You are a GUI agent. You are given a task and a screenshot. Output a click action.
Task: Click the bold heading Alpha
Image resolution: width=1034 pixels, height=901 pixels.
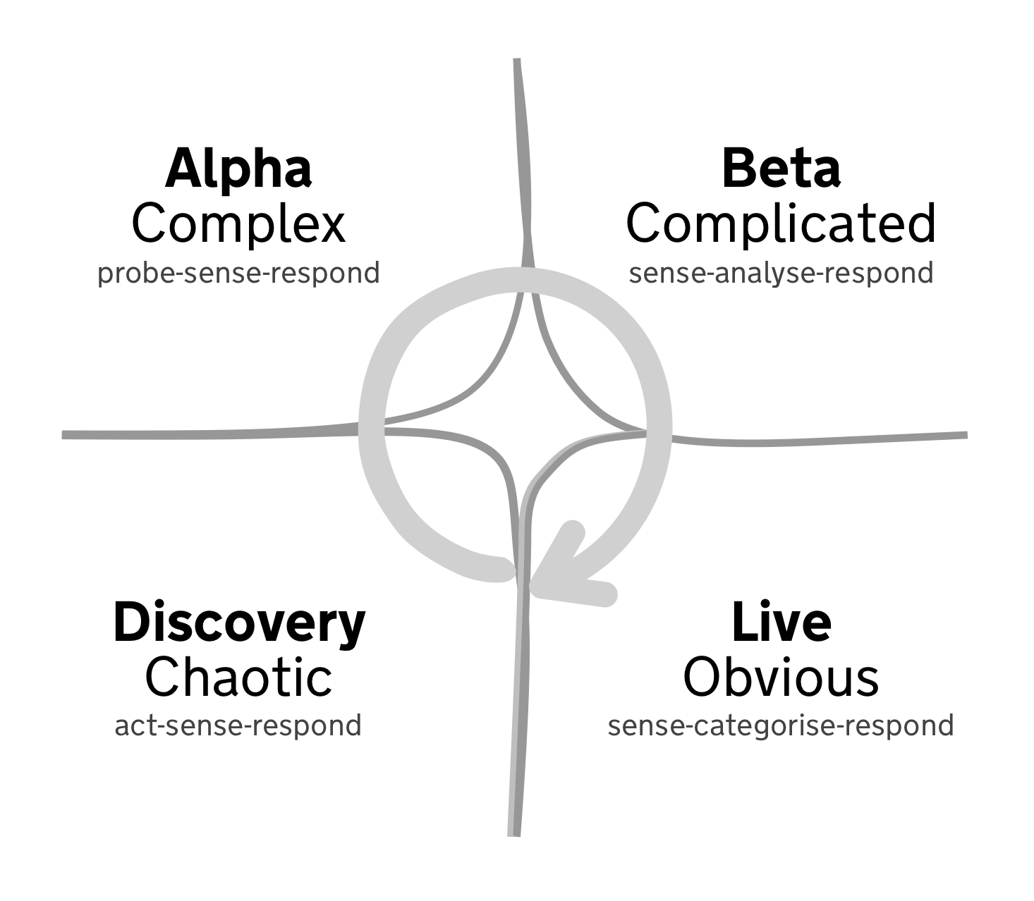[x=238, y=169]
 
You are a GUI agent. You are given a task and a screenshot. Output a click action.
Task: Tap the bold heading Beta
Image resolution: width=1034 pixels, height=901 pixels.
[x=781, y=169]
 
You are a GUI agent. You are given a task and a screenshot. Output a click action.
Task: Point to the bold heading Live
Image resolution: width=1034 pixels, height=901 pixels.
[x=781, y=622]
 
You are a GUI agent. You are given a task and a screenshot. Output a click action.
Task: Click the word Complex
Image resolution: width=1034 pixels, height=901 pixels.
[x=238, y=224]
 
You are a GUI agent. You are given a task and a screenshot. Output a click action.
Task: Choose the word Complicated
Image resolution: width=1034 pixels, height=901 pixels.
[x=781, y=224]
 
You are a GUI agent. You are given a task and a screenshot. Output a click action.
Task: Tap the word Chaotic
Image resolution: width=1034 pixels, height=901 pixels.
[x=238, y=677]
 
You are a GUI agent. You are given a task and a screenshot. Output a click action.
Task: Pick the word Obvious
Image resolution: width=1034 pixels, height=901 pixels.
[x=781, y=677]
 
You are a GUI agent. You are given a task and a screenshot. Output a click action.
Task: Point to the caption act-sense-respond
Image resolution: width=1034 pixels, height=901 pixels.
[x=238, y=725]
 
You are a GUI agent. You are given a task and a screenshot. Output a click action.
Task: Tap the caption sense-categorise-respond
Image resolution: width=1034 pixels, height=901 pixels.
[x=781, y=725]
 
